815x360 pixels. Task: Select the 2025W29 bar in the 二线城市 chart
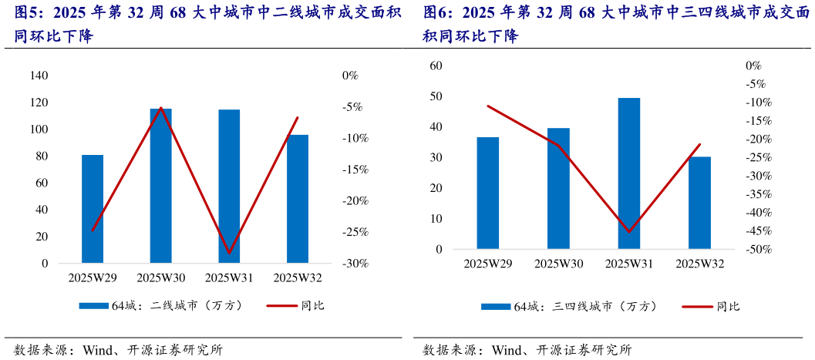pos(93,209)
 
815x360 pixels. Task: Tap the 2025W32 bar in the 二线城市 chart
pos(298,199)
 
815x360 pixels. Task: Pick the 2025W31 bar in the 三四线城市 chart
pos(629,173)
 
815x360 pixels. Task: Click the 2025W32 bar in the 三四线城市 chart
pos(700,203)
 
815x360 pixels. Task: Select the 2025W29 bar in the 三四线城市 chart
pos(487,193)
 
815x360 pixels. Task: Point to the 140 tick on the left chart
pos(39,76)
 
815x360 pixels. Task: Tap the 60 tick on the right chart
pos(435,66)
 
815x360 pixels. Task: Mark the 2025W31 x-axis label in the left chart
pos(229,278)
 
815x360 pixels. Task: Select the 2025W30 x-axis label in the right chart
pos(558,264)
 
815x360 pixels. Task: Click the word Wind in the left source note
pos(96,349)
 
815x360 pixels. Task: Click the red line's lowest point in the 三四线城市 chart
pos(629,231)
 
